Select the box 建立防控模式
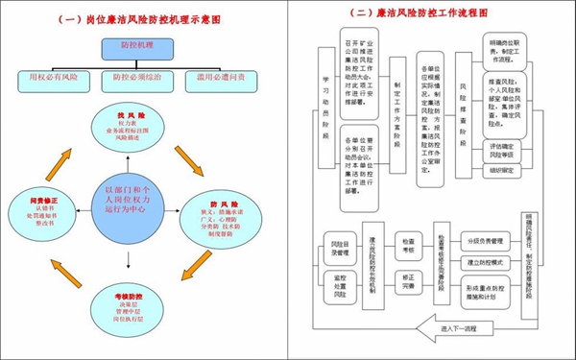486,260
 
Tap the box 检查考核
409,247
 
